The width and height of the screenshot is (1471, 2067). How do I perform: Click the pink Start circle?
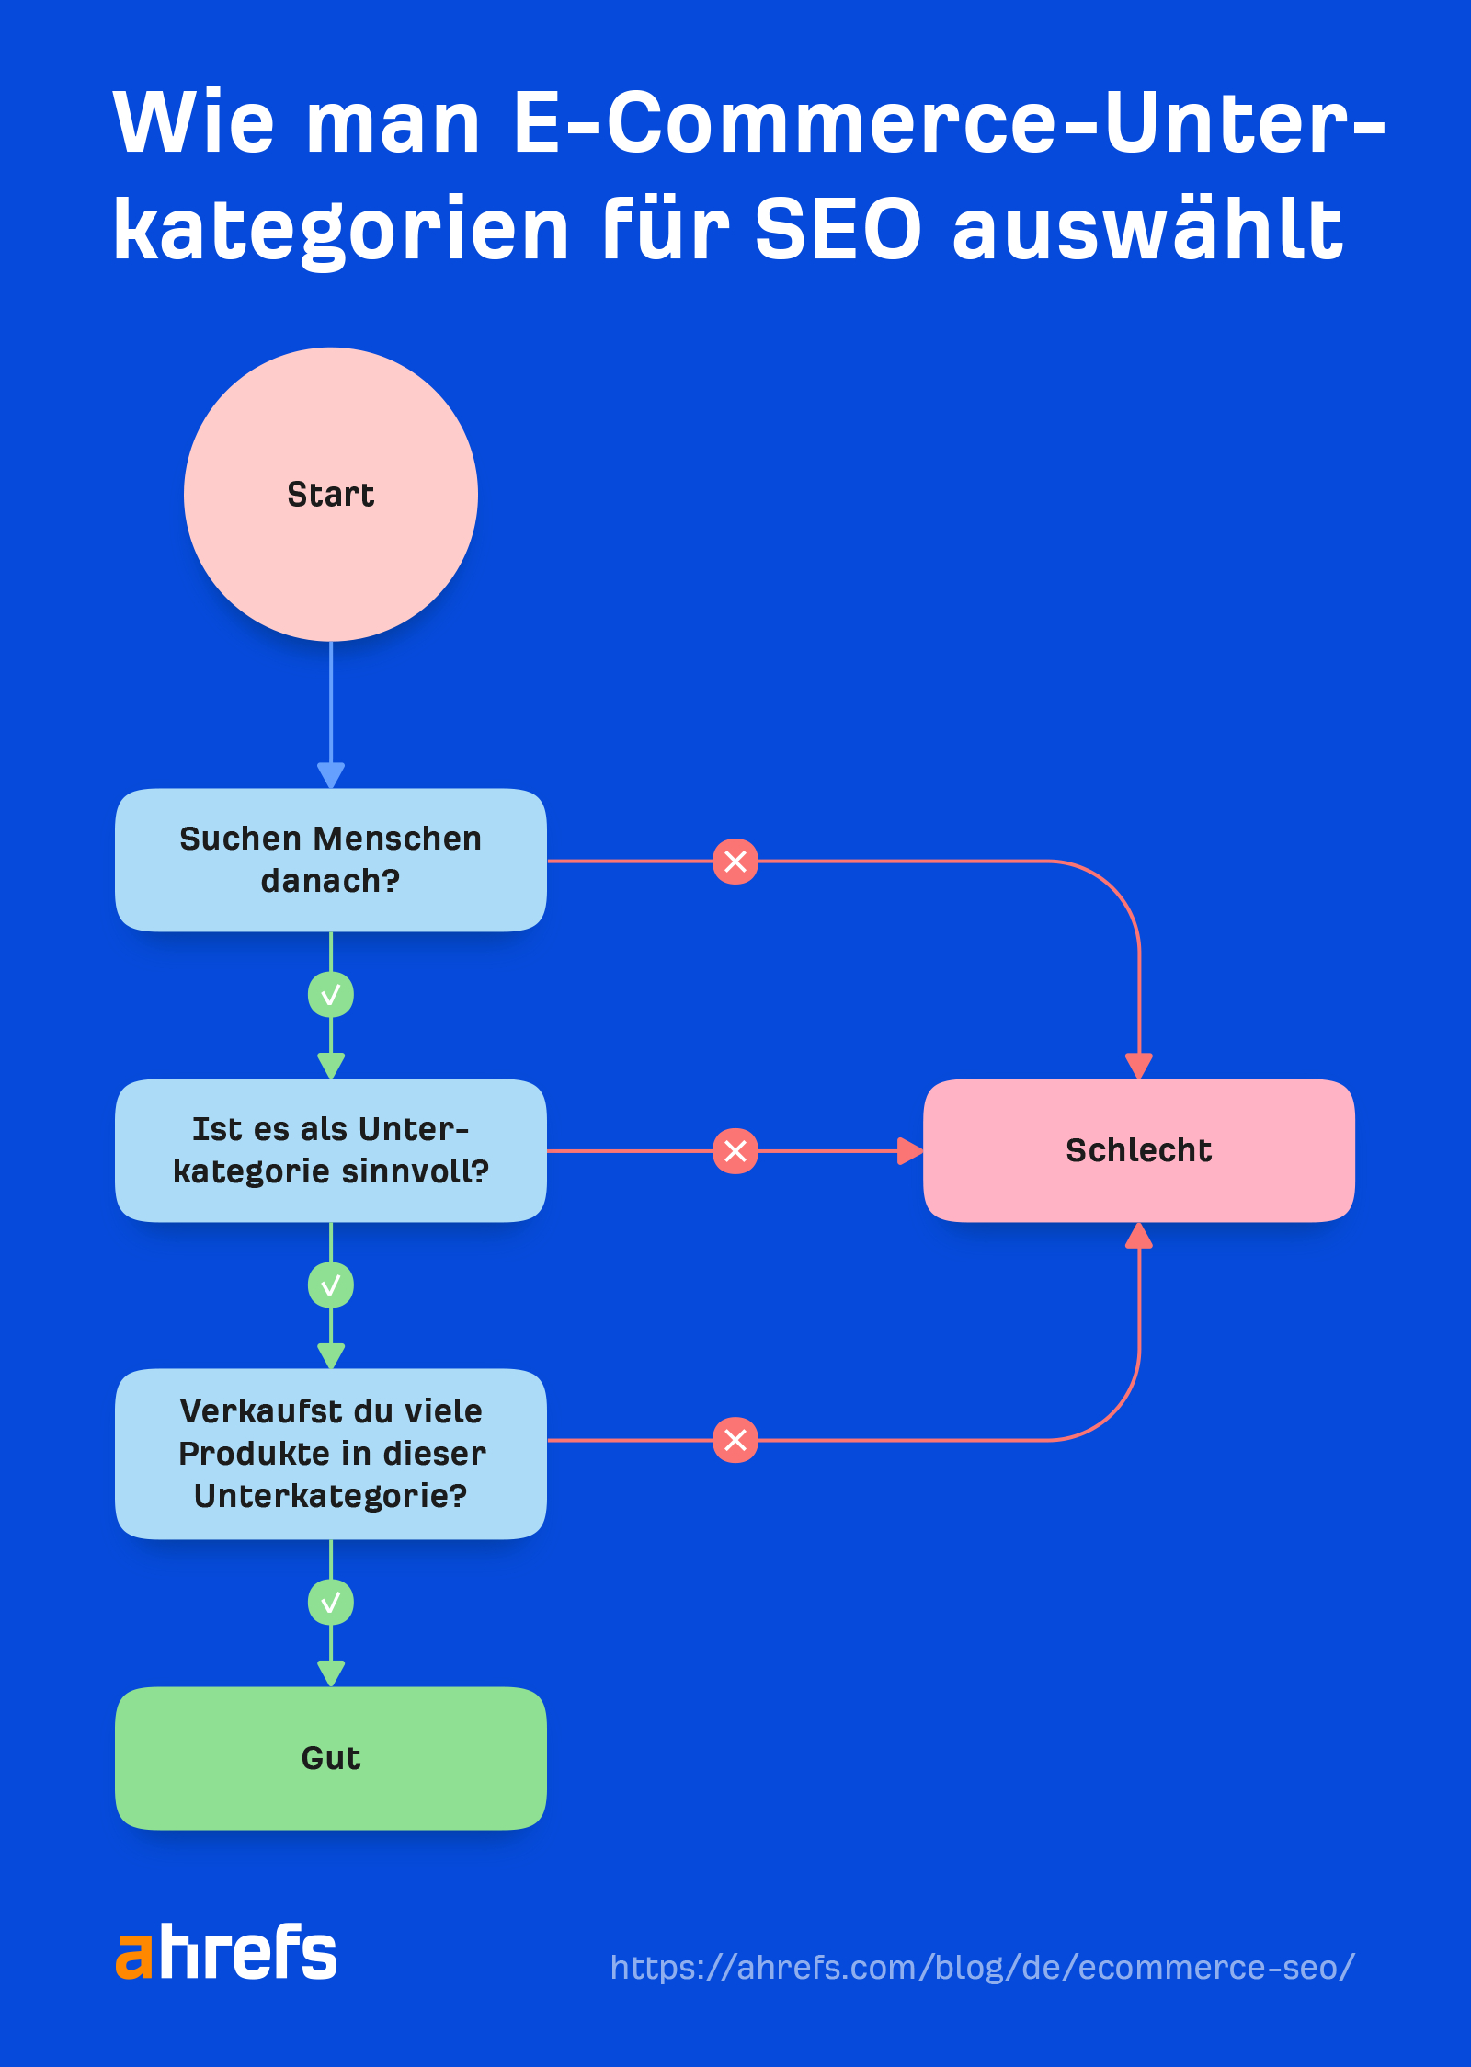[331, 495]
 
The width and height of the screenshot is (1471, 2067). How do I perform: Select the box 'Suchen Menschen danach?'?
[331, 860]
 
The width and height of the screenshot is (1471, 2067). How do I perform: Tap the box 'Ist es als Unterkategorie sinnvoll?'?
[331, 1150]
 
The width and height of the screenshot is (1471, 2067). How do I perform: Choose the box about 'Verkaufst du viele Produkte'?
[331, 1454]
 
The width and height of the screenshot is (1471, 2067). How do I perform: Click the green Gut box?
[331, 1758]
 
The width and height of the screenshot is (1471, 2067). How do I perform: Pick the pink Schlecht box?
[1138, 1150]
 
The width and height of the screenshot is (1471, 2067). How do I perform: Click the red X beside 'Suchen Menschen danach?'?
[735, 862]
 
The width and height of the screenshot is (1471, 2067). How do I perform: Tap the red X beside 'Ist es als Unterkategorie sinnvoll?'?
[735, 1150]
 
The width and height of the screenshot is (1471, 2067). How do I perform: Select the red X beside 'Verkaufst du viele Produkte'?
[735, 1440]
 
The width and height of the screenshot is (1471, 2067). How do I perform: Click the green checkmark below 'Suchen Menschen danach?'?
[331, 995]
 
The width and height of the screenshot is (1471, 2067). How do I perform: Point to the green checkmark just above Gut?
[331, 1603]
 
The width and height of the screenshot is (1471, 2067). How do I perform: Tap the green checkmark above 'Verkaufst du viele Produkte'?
[331, 1285]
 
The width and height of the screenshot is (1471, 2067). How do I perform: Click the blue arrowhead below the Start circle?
[331, 774]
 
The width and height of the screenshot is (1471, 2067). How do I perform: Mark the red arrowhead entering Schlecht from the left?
[909, 1150]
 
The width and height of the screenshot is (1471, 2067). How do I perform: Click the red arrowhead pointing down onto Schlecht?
[1139, 1066]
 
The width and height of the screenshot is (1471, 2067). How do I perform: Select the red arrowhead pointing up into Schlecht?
[1139, 1236]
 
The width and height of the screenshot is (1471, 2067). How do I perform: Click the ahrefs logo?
[226, 1951]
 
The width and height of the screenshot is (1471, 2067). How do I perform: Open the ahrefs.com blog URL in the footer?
[982, 1967]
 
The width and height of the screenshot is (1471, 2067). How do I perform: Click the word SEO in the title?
[838, 230]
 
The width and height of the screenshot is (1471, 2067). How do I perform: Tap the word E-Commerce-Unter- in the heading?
[947, 123]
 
